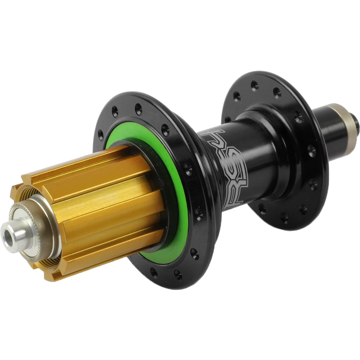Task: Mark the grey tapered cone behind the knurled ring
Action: click(46, 225)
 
